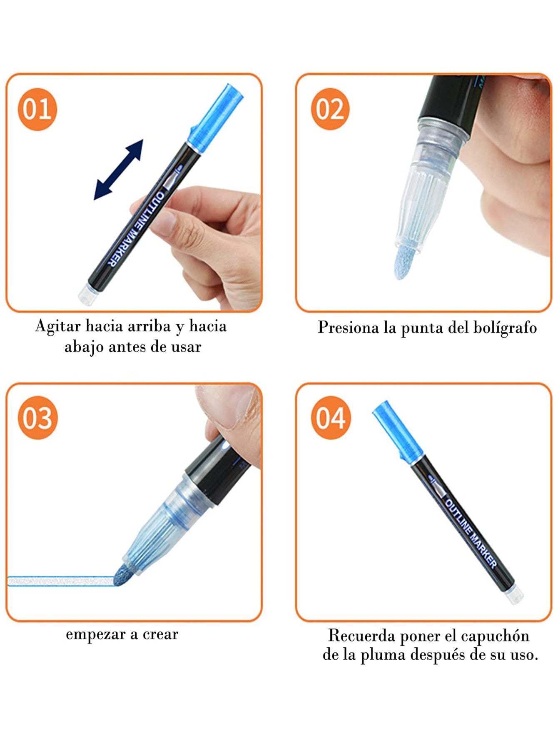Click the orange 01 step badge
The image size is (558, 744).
pyautogui.click(x=37, y=109)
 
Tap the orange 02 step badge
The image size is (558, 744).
pyautogui.click(x=330, y=109)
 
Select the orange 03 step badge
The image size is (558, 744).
pyautogui.click(x=37, y=418)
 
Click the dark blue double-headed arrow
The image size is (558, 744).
pyautogui.click(x=119, y=170)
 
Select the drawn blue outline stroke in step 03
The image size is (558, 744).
pyautogui.click(x=61, y=581)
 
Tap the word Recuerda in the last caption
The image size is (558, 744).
pyautogui.click(x=362, y=636)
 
